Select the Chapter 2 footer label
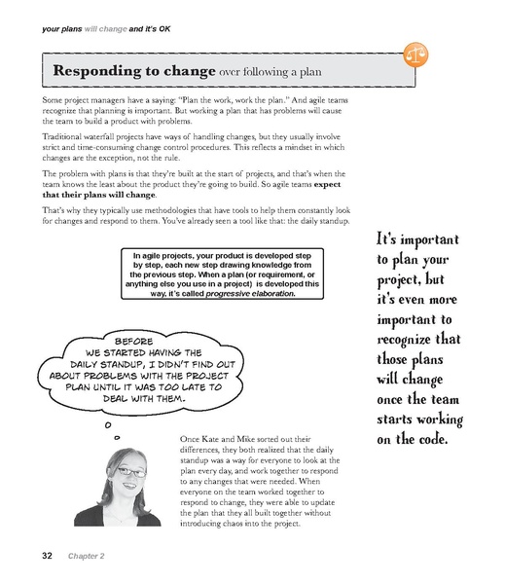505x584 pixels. pyautogui.click(x=87, y=556)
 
